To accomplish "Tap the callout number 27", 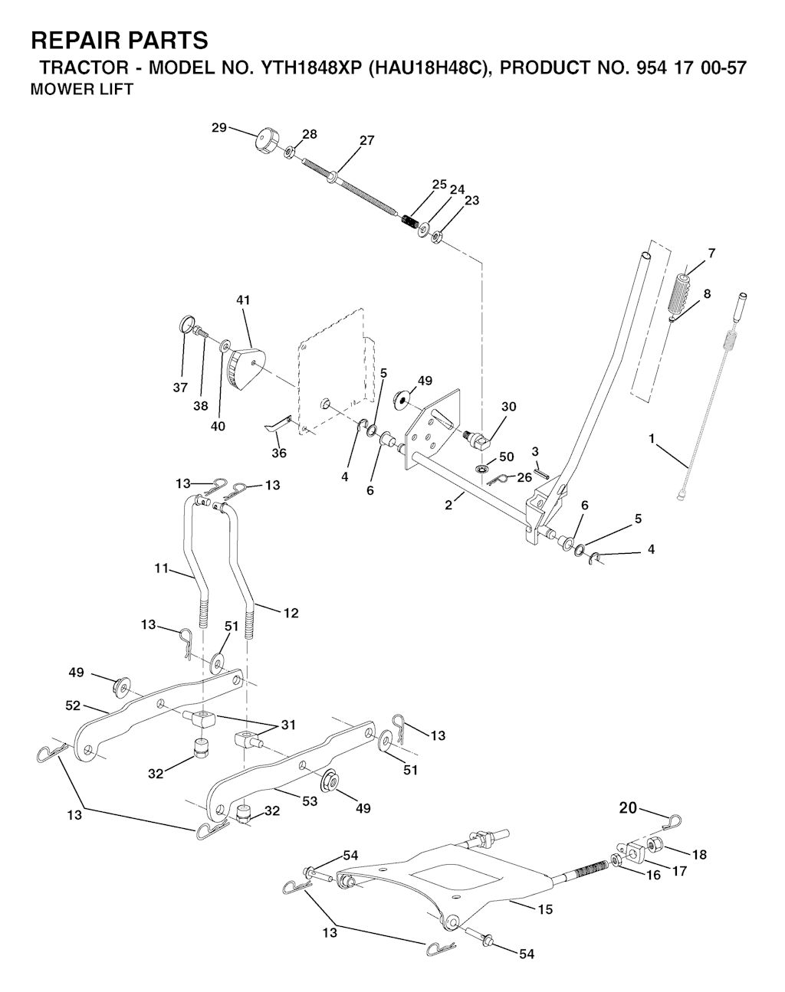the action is [367, 140].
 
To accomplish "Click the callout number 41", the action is [243, 300].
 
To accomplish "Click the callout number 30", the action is [509, 407].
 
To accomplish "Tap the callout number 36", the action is [279, 453].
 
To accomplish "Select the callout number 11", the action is [161, 569].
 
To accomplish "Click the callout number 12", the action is [291, 613].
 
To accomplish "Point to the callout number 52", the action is [73, 706].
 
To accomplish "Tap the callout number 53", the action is [310, 801].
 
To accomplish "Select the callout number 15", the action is [546, 909].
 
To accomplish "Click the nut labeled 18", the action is [653, 845].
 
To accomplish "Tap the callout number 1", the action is [652, 439].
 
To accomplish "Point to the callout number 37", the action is [180, 388].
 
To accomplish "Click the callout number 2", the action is [448, 505].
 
